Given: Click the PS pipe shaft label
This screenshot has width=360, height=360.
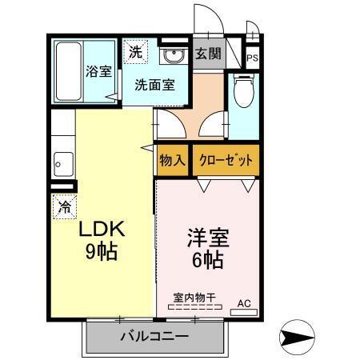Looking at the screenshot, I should click(252, 59).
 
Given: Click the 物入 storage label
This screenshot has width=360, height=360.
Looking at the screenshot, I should click(172, 160).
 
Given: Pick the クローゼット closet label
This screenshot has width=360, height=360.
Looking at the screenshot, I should click(226, 160).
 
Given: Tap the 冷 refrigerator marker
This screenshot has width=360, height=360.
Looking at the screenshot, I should click(64, 206).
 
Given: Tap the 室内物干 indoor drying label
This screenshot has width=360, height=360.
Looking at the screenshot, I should click(194, 298).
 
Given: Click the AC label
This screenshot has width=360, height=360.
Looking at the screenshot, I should click(244, 304).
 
